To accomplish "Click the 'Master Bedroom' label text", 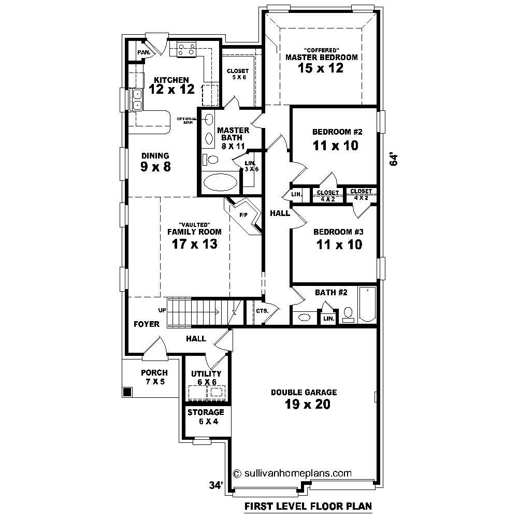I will pos(321,57).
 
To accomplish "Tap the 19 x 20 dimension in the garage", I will pos(307,405).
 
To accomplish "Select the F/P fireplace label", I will pos(242,214).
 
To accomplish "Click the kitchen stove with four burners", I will pos(187,49).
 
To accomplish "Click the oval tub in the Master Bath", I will pos(220,182).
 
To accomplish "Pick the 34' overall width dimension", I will pos(216,485).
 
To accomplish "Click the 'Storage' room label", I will pos(206,412).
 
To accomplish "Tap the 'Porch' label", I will pos(154,372).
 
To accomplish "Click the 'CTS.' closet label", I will pos(261,311).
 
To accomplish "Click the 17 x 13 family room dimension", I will pos(194,244).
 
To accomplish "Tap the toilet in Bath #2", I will pos(348,314).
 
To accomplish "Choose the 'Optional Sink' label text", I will pos(186,120).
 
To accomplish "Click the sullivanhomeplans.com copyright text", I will pos(293,473).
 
